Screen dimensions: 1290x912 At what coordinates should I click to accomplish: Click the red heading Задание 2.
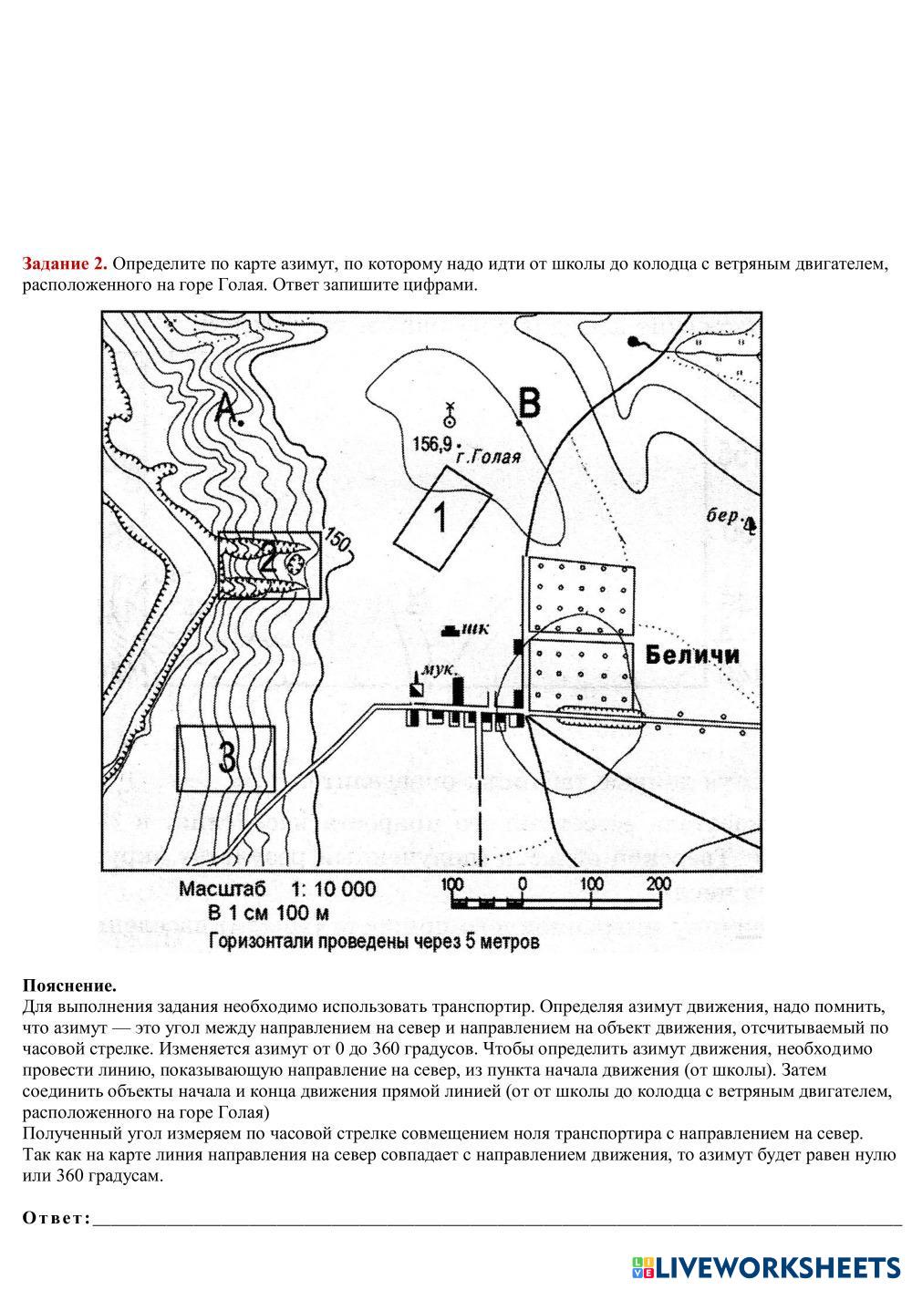point(65,264)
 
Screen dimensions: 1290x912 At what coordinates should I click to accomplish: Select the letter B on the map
point(529,402)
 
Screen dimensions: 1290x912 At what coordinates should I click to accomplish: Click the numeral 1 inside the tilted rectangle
point(440,516)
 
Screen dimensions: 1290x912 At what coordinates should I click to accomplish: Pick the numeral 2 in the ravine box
point(267,557)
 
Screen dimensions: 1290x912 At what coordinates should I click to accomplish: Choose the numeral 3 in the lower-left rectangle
point(226,757)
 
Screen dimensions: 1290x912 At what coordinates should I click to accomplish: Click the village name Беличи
point(692,655)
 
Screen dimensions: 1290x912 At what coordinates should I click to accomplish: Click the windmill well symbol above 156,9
point(449,415)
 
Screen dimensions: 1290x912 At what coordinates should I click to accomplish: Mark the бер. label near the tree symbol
point(722,516)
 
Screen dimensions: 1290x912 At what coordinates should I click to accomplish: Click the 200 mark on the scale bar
point(658,883)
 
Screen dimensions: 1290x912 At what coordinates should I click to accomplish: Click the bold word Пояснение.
point(69,986)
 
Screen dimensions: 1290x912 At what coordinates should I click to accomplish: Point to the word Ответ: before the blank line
point(56,1219)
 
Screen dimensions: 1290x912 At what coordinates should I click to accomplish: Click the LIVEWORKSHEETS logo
point(766,1266)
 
